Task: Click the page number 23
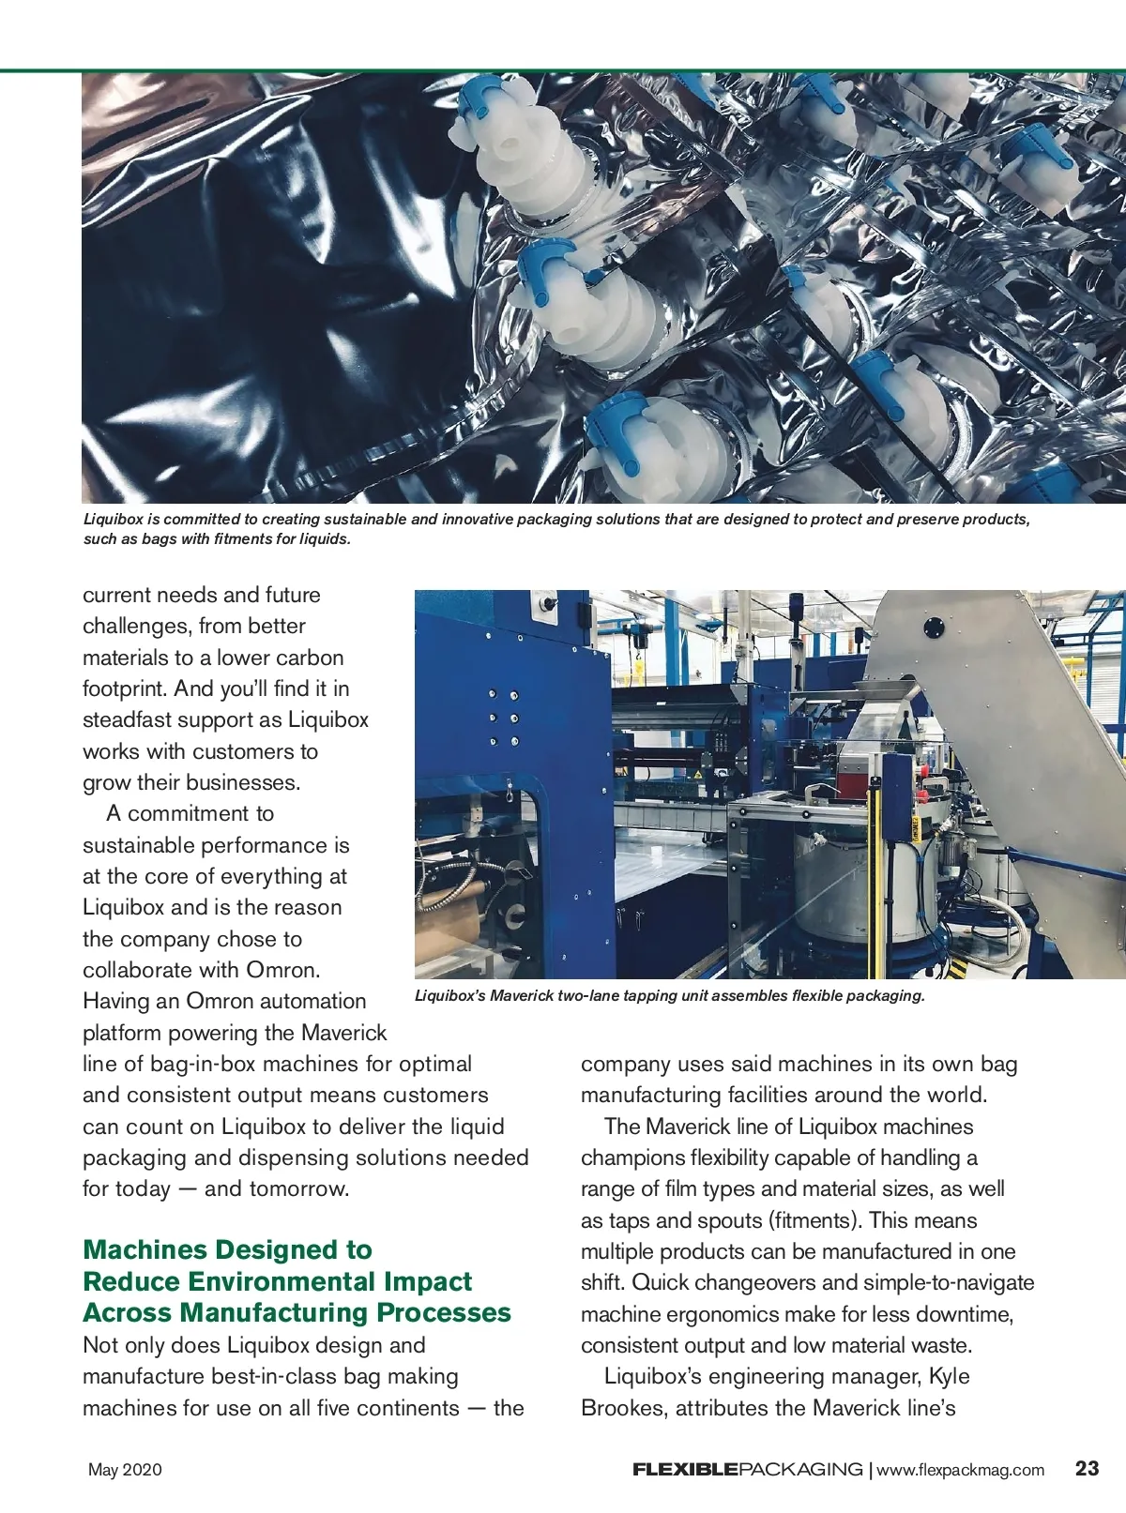coord(1087,1468)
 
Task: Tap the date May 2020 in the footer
coord(125,1469)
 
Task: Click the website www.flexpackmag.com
coord(960,1469)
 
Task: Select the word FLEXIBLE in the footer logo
coord(685,1469)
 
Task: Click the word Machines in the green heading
coord(144,1249)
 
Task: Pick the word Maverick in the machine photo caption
coord(522,995)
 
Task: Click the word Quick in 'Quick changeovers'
coord(661,1282)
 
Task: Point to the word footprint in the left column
coord(125,688)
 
